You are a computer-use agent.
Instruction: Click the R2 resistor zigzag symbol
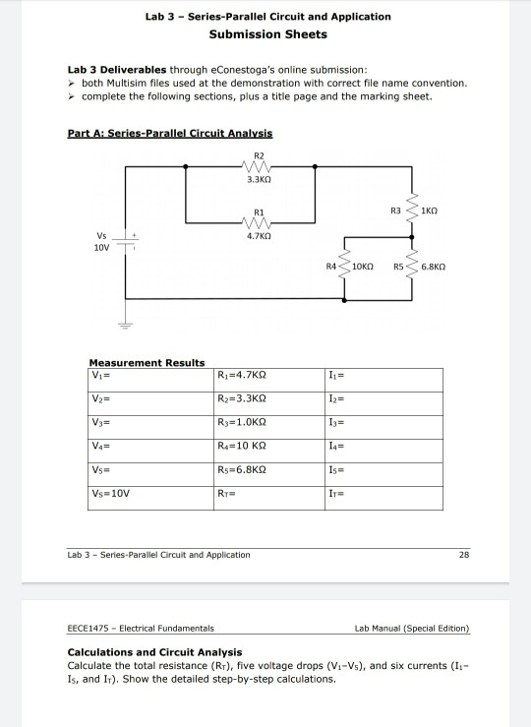[x=257, y=166]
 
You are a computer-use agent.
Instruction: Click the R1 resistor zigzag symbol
[x=257, y=223]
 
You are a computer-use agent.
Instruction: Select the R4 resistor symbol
[x=344, y=267]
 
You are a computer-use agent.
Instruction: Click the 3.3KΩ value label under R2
[x=259, y=179]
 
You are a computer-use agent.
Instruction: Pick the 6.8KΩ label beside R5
[x=434, y=267]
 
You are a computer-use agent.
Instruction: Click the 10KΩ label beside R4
[x=362, y=267]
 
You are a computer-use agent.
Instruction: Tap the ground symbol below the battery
[x=125, y=325]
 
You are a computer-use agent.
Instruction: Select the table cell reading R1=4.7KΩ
[x=269, y=380]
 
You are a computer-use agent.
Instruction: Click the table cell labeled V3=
[x=150, y=428]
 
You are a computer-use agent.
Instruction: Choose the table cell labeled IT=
[x=383, y=499]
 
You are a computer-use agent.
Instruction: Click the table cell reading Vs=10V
[x=150, y=499]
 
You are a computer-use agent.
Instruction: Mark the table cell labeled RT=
[x=269, y=499]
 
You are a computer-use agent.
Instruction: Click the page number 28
[x=464, y=555]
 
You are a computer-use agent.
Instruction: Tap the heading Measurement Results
[x=147, y=363]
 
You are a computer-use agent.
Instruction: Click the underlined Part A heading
[x=169, y=134]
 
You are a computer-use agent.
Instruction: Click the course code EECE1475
[x=88, y=629]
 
